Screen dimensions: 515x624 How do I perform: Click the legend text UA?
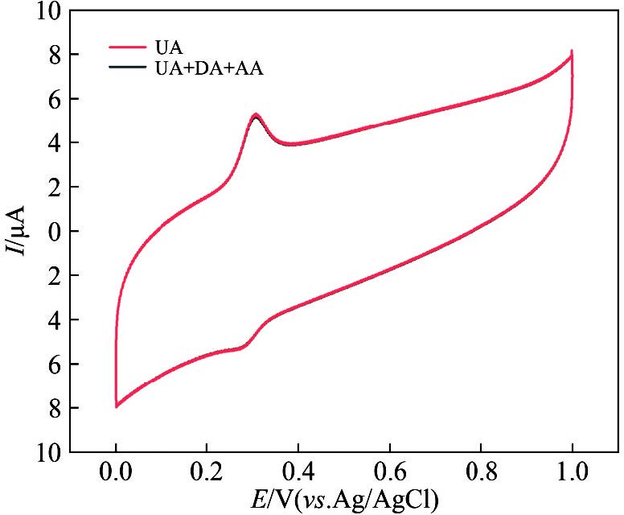click(170, 48)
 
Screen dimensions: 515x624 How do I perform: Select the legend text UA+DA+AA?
click(209, 68)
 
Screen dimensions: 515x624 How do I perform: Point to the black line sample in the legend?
click(128, 68)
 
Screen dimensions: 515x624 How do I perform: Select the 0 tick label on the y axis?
click(53, 232)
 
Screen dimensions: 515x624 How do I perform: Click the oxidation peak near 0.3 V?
click(255, 115)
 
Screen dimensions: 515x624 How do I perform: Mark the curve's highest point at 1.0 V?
click(572, 51)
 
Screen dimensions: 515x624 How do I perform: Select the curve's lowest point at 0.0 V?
click(117, 406)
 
